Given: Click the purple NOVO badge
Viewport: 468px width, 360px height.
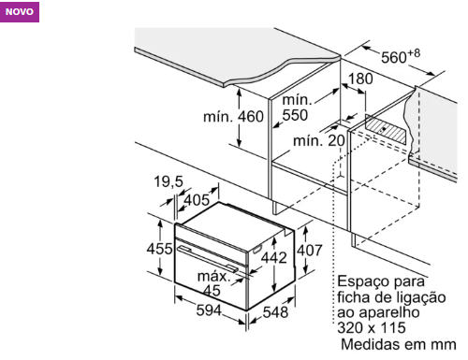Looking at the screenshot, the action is pyautogui.click(x=20, y=12).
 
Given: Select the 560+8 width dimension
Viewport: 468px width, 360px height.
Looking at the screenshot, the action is pyautogui.click(x=401, y=56).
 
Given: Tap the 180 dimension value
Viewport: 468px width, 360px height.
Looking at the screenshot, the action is pyautogui.click(x=360, y=79).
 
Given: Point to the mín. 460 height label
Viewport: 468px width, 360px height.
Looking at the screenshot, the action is pyautogui.click(x=233, y=117).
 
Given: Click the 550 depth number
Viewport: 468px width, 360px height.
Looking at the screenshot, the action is pyautogui.click(x=295, y=115).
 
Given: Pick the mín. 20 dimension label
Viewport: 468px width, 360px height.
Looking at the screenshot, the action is pyautogui.click(x=318, y=141).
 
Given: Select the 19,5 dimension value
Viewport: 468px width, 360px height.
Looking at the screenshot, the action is pyautogui.click(x=168, y=181).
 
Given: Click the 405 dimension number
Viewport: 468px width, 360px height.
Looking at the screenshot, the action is pyautogui.click(x=197, y=200).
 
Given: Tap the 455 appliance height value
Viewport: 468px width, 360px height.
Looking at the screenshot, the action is pyautogui.click(x=159, y=249).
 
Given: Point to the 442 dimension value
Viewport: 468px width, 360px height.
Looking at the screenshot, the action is pyautogui.click(x=273, y=257).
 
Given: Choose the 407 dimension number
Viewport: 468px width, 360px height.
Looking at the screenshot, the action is pyautogui.click(x=309, y=251).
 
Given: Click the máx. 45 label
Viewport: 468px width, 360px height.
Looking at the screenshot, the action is pyautogui.click(x=213, y=283).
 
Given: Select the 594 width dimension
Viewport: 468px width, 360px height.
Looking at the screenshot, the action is pyautogui.click(x=209, y=310).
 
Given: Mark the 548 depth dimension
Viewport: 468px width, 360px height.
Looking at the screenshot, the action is pyautogui.click(x=275, y=312).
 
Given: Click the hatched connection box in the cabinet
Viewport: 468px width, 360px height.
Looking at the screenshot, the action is pyautogui.click(x=386, y=129).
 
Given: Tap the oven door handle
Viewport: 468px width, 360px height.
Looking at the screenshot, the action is pyautogui.click(x=208, y=257).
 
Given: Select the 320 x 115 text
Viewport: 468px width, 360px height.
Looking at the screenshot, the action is pyautogui.click(x=372, y=328).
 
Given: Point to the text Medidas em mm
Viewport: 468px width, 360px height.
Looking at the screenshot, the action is pyautogui.click(x=399, y=344).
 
